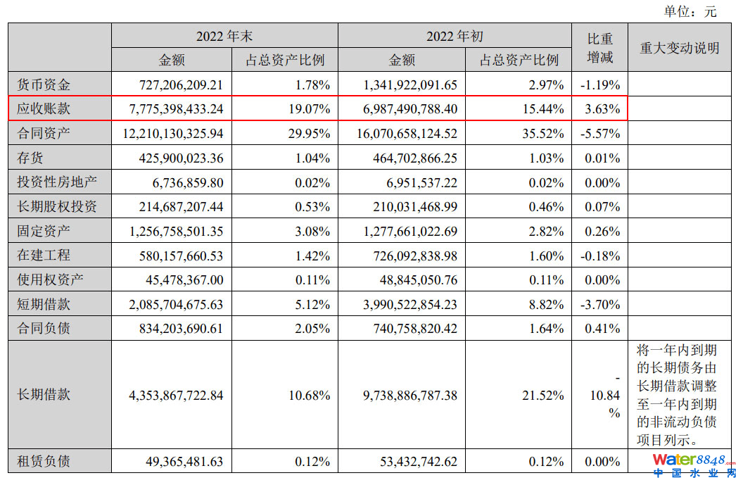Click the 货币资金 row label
click(x=44, y=85)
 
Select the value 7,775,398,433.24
click(x=176, y=109)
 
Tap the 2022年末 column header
click(x=224, y=37)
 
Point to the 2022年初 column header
click(x=455, y=37)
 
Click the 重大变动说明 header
click(x=679, y=48)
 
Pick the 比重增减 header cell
click(x=599, y=48)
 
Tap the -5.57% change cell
click(x=600, y=134)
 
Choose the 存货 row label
click(x=31, y=158)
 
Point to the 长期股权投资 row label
click(x=56, y=206)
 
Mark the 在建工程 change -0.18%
click(x=600, y=256)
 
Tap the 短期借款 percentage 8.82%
click(x=545, y=304)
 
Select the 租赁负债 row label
click(x=44, y=462)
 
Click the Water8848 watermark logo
click(x=693, y=465)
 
